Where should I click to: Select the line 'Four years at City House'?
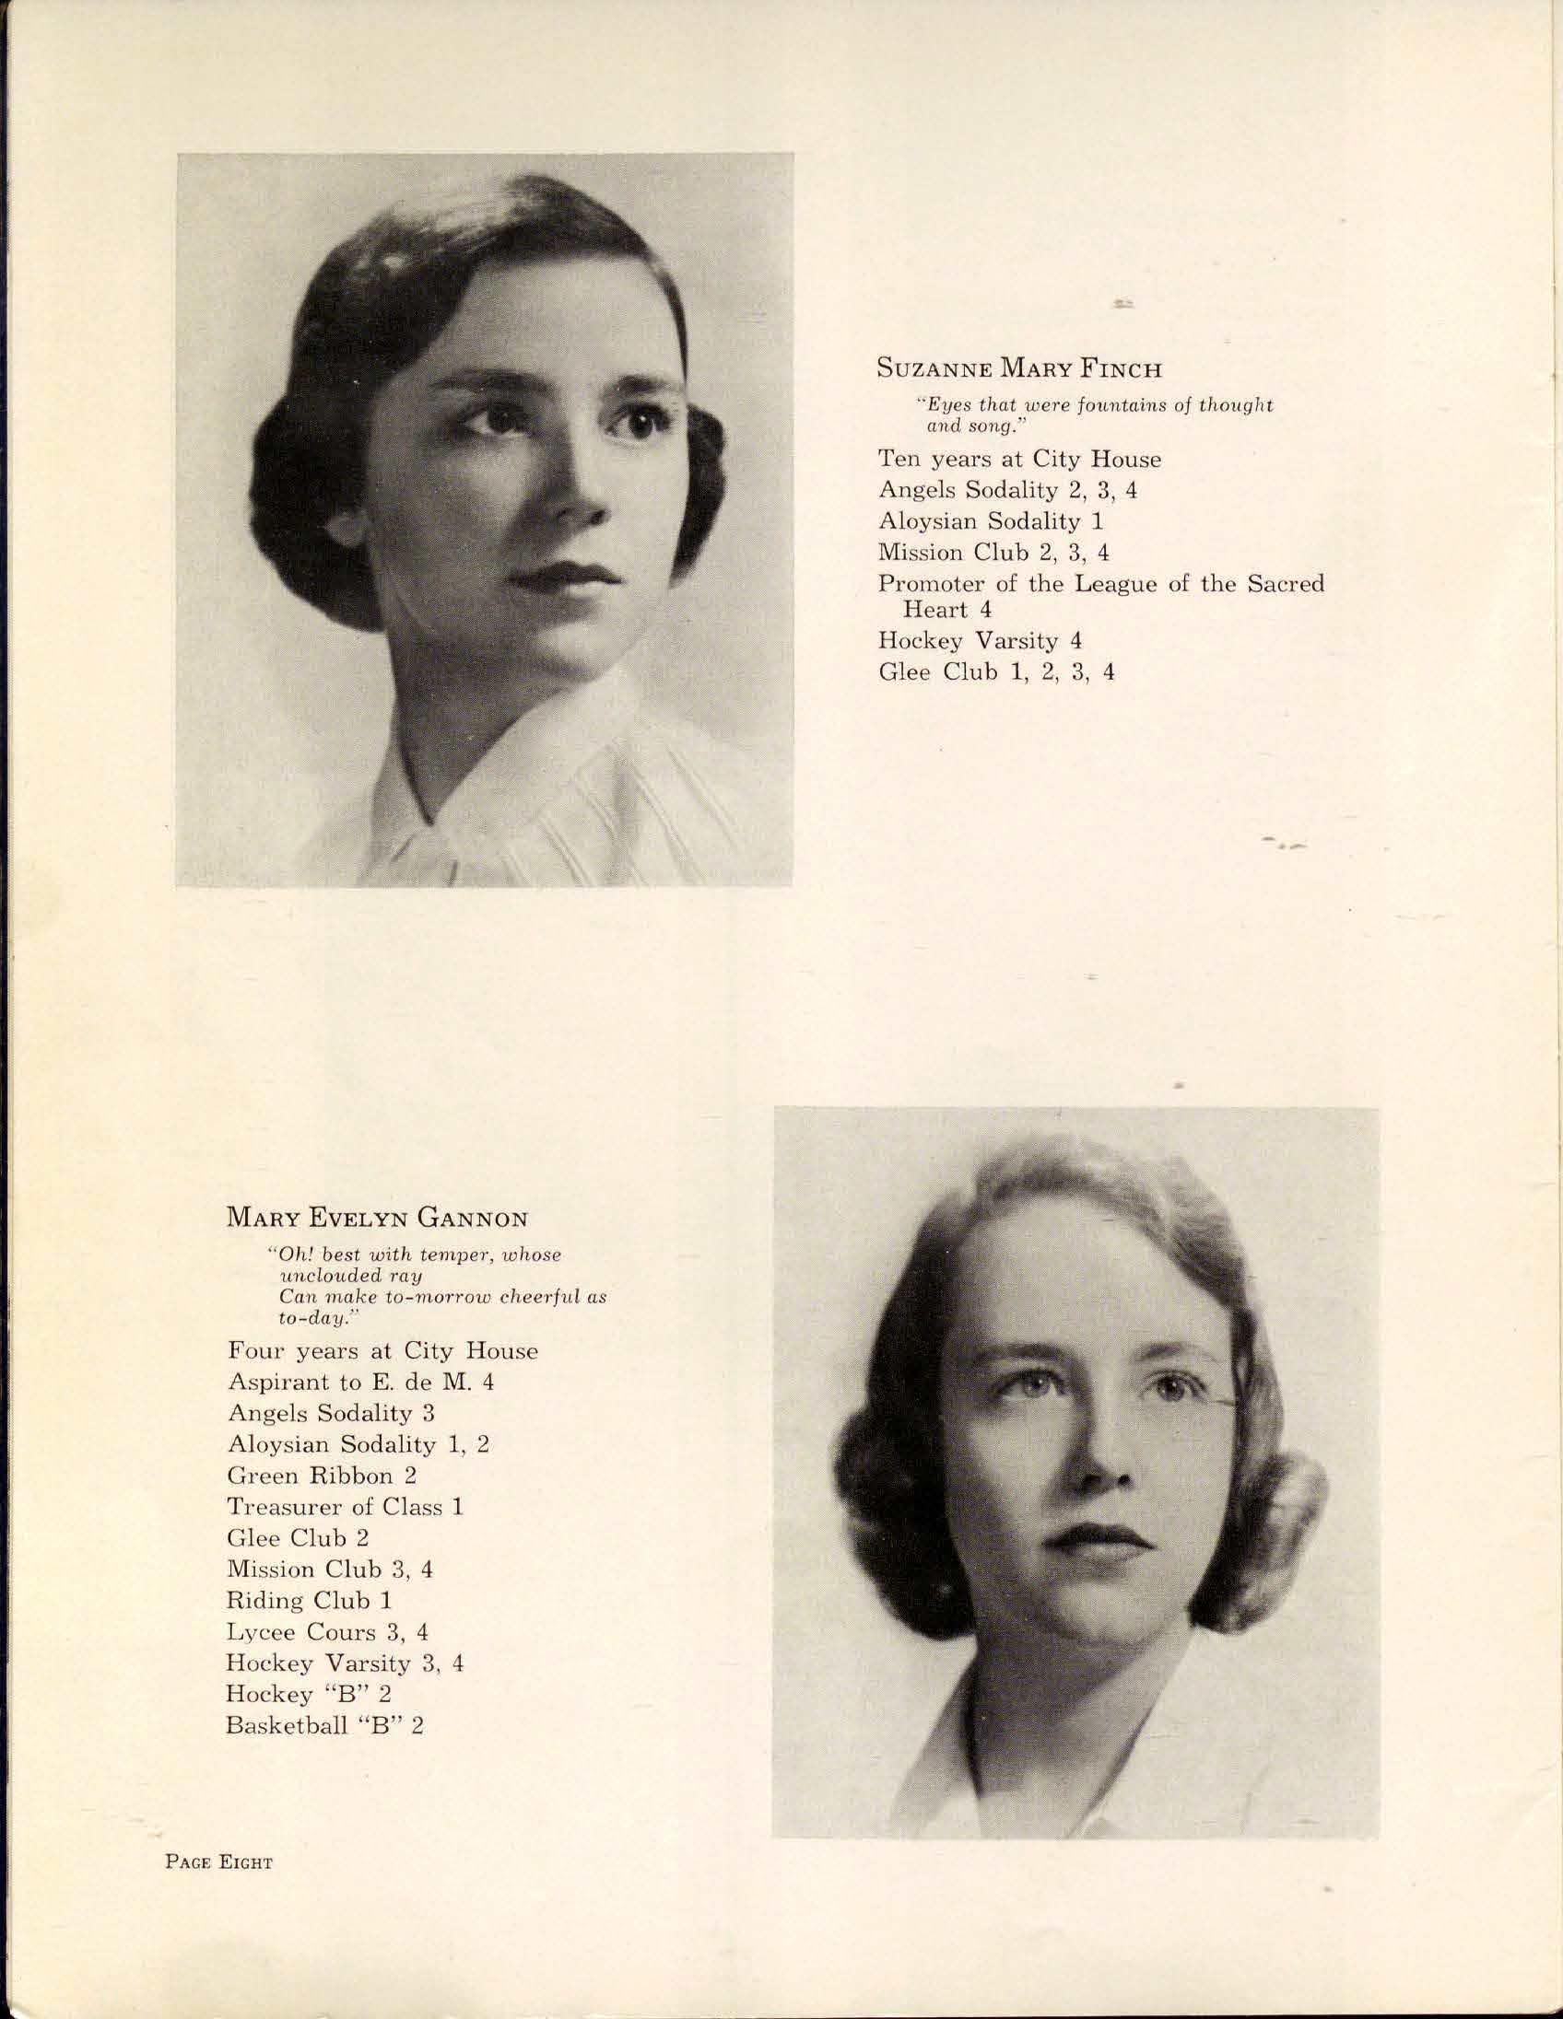click(x=382, y=1351)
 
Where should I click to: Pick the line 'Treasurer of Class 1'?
click(x=344, y=1507)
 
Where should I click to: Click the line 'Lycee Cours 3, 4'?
click(x=327, y=1631)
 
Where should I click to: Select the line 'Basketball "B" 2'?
click(x=324, y=1725)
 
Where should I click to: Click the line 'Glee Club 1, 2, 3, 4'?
click(x=996, y=672)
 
